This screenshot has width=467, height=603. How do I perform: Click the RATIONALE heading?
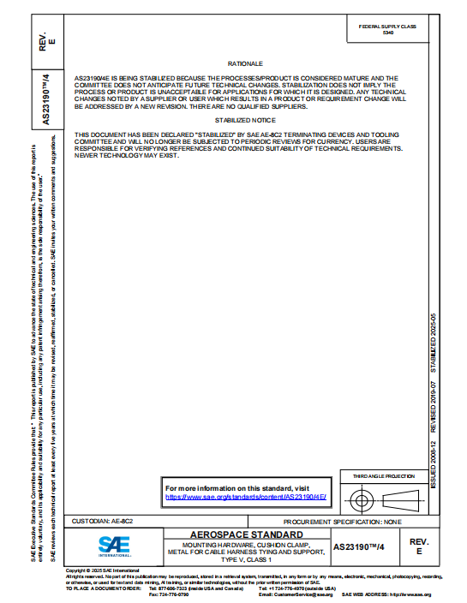[245, 64]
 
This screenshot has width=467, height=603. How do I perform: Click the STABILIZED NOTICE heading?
[245, 121]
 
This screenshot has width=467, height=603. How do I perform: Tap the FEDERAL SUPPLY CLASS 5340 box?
[387, 30]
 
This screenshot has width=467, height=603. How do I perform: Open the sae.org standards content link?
[245, 496]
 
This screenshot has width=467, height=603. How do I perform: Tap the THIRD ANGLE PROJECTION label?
[384, 476]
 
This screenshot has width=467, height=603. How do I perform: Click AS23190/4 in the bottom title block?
[359, 546]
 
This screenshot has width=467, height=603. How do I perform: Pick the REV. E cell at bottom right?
[419, 546]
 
